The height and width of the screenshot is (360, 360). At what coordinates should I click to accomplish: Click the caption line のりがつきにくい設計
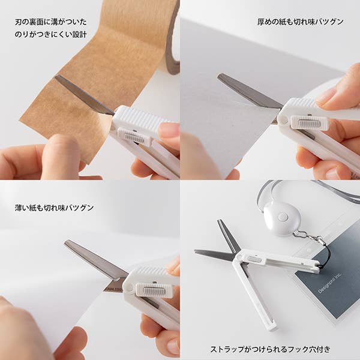pos(51,34)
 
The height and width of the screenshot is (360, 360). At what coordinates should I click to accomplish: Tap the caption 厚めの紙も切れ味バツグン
pos(300,22)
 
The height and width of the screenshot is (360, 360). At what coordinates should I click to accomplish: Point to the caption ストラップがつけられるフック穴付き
pos(270,349)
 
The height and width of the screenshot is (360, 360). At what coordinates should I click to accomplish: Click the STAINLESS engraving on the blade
pos(113,289)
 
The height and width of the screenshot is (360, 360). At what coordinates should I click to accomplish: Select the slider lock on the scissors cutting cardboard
pos(310,122)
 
